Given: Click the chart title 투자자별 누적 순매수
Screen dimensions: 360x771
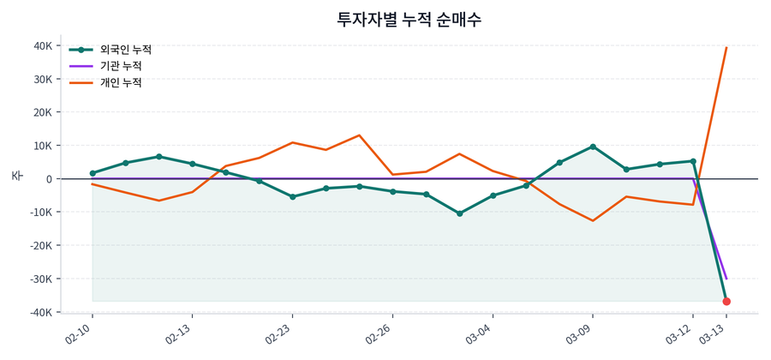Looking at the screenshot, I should point(415,19).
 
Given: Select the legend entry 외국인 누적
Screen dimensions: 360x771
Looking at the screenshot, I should point(125,50).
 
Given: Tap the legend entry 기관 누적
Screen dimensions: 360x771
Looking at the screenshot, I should point(120,66).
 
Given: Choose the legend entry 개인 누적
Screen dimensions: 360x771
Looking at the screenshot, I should point(120,82).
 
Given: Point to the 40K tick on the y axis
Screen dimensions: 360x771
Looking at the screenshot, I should point(42,46).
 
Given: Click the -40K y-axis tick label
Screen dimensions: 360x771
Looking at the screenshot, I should point(40,312).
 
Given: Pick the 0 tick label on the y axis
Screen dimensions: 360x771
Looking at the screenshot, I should point(50,179).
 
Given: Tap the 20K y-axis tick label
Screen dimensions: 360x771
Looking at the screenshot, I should point(42,112).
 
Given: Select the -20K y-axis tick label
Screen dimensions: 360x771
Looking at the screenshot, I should point(40,246).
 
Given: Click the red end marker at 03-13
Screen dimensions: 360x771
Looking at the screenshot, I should point(726,302).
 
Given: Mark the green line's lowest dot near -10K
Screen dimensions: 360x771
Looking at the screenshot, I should point(459,213).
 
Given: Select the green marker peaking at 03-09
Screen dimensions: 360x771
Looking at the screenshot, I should point(593,147).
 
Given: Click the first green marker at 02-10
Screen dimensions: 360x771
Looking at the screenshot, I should point(93,173).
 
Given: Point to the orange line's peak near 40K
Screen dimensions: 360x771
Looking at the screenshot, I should point(726,48).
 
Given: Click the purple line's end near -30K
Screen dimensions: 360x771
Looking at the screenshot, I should point(726,279).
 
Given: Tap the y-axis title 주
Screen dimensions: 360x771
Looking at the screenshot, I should point(16,176).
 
